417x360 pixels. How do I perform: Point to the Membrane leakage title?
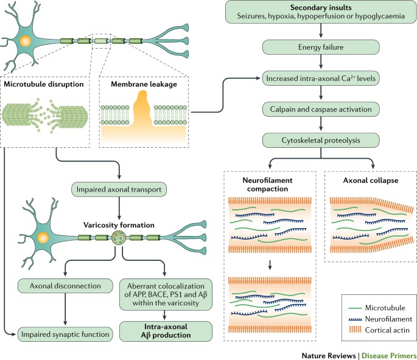(x=134, y=83)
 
